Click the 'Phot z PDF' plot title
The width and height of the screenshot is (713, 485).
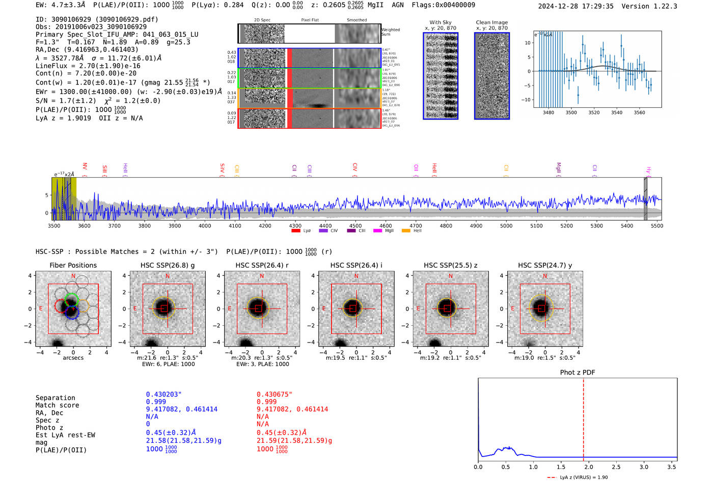click(577, 373)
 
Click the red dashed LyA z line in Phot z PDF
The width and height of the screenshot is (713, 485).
click(583, 417)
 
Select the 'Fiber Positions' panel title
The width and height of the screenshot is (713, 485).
click(73, 265)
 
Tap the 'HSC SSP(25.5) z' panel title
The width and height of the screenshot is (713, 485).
click(450, 265)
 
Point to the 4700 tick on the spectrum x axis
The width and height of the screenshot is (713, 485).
click(416, 226)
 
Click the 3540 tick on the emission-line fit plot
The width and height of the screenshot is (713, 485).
click(617, 112)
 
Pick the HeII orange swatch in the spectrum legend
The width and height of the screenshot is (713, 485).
click(406, 231)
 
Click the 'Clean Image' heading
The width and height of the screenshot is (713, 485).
click(491, 22)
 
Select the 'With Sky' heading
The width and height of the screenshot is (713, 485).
click(440, 22)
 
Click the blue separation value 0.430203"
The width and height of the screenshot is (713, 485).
click(163, 394)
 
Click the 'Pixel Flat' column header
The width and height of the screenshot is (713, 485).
click(310, 20)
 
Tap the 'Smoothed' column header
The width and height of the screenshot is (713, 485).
click(356, 20)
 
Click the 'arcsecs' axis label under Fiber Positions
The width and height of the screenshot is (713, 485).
click(73, 358)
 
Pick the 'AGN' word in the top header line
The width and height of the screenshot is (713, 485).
click(397, 5)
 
